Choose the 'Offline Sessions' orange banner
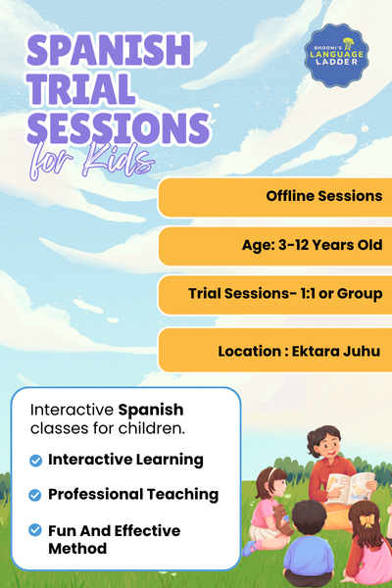pos(274,197)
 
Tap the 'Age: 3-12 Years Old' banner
pos(274,246)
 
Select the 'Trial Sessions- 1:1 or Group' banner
pos(274,294)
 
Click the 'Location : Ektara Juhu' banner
pos(274,350)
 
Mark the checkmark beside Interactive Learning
pos(36,460)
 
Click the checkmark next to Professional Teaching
pos(36,495)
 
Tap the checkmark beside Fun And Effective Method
pos(36,530)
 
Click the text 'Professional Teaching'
pos(133,495)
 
